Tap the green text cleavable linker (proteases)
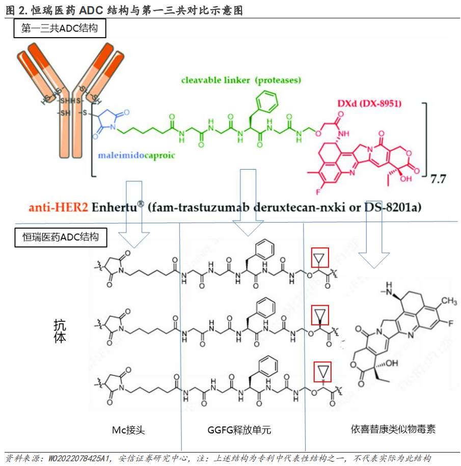click(x=241, y=80)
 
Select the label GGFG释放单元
click(x=239, y=430)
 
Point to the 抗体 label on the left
click(x=60, y=331)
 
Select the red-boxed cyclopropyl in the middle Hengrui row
click(x=319, y=314)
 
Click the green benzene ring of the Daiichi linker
click(x=267, y=100)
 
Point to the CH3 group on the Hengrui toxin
click(x=448, y=301)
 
